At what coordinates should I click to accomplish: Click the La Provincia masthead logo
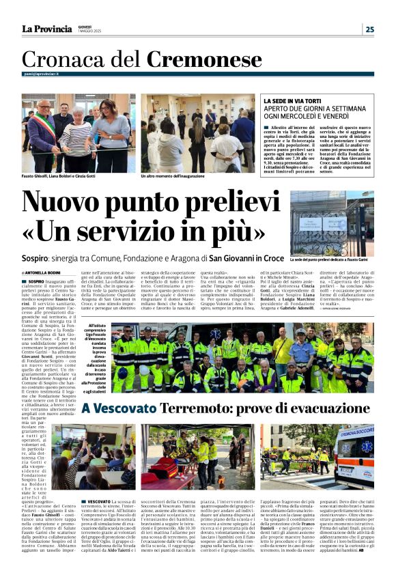(x=46, y=29)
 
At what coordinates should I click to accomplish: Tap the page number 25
(x=369, y=29)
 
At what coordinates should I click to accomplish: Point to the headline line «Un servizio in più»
(x=144, y=232)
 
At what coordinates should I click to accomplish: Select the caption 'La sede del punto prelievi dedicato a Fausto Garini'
(x=332, y=260)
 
